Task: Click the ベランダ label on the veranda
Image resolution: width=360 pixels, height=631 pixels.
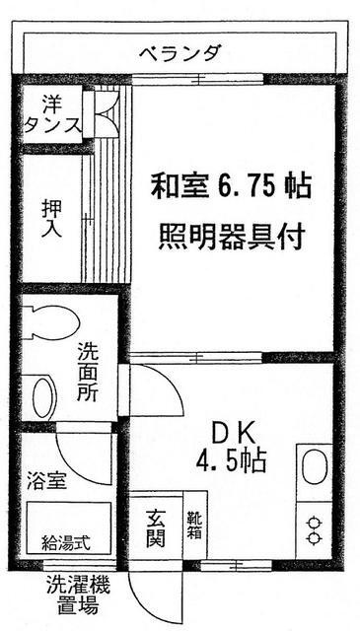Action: click(180, 53)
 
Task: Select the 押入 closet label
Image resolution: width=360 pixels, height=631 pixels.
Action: click(51, 218)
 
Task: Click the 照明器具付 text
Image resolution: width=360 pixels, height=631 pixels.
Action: click(231, 238)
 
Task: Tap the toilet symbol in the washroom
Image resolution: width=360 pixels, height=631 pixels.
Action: click(50, 322)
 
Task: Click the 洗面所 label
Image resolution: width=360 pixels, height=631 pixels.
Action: click(88, 372)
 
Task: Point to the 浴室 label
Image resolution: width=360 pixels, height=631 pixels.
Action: click(46, 482)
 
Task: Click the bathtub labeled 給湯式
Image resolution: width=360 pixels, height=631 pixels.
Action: click(69, 528)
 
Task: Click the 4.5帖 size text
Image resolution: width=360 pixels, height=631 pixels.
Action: click(231, 460)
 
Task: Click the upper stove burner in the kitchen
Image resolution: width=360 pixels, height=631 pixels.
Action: click(314, 523)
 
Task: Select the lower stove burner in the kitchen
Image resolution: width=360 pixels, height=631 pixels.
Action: click(314, 537)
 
